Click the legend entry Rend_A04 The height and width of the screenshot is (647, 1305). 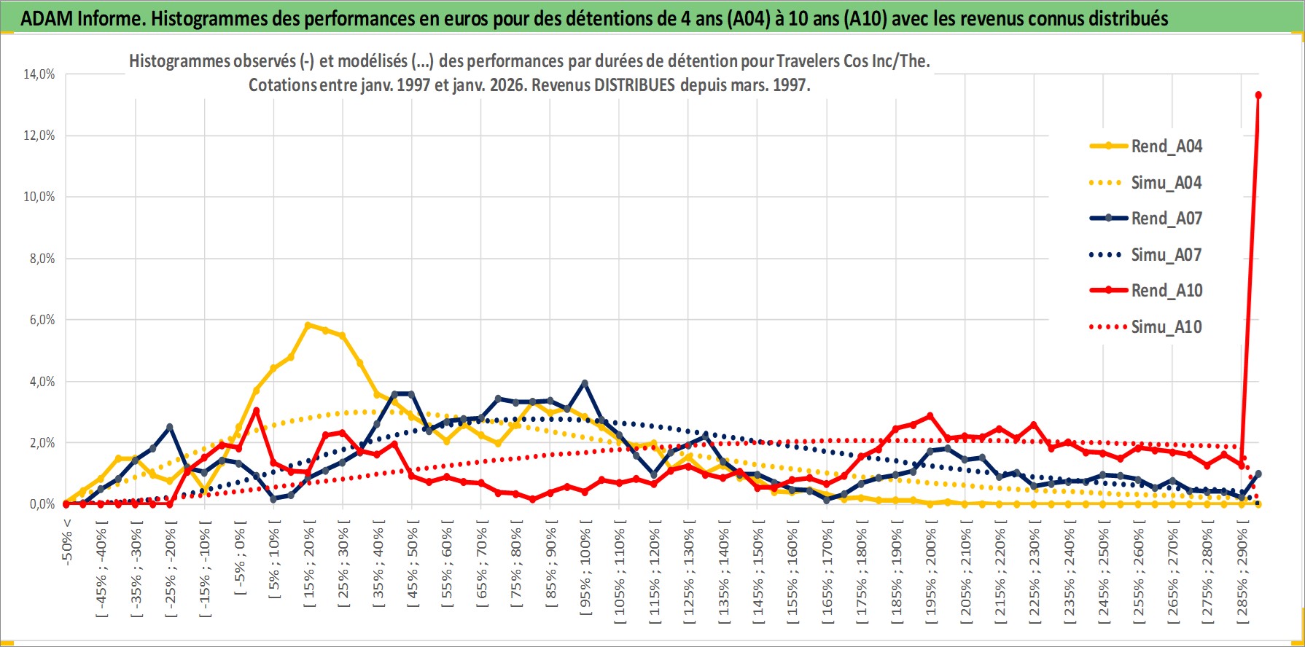click(1166, 146)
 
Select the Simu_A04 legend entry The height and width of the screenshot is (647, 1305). click(1166, 183)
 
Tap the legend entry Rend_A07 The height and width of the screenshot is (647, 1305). click(1166, 219)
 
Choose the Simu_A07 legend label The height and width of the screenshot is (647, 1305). click(1166, 255)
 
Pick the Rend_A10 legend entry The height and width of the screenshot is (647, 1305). click(1166, 291)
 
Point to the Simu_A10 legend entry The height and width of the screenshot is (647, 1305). click(1166, 327)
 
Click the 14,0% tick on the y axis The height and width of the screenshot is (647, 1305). click(39, 74)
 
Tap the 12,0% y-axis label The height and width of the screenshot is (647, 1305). click(39, 136)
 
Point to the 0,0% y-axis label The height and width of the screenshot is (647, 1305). click(42, 504)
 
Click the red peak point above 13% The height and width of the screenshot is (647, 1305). click(1258, 95)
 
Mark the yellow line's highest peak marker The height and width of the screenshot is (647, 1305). click(308, 325)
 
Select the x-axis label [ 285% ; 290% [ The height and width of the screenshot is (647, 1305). click(1243, 572)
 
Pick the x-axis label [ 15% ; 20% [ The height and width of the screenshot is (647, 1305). click(309, 565)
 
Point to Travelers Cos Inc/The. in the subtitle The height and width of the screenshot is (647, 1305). click(853, 61)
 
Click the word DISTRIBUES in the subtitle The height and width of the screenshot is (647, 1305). click(634, 85)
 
